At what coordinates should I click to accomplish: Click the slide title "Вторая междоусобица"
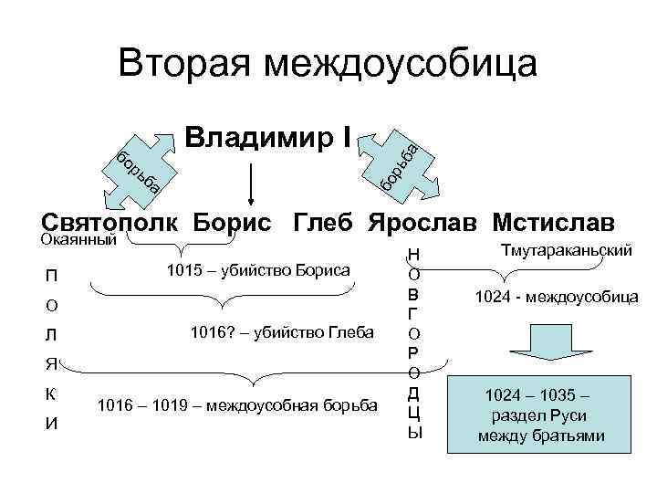point(328,63)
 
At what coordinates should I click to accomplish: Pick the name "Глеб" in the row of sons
point(325,222)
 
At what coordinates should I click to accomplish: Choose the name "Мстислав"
point(554,222)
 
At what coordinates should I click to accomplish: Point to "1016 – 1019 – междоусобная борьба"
point(236,404)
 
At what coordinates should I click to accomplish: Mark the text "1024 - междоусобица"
point(557,296)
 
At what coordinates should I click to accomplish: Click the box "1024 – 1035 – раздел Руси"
point(541,415)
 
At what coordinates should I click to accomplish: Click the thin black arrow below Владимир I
point(252,182)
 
